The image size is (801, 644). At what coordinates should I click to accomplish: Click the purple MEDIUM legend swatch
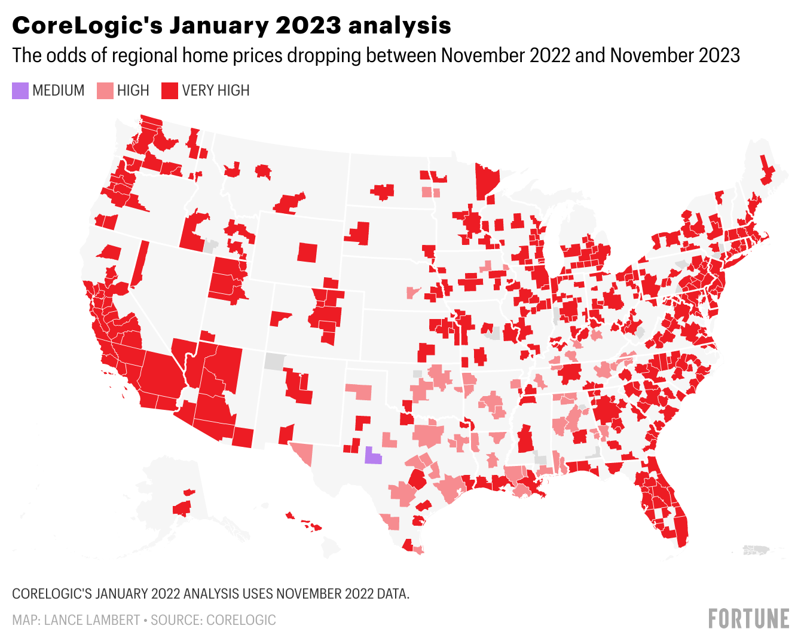point(20,91)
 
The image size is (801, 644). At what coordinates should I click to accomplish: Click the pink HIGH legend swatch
point(105,91)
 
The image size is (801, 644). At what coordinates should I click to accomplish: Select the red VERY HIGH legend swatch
point(170,91)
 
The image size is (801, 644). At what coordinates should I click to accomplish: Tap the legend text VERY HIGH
point(216,91)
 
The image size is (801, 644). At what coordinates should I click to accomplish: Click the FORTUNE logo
point(748,619)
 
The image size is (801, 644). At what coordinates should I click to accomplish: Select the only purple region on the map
point(373,456)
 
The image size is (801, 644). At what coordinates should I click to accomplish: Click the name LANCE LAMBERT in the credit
point(92,620)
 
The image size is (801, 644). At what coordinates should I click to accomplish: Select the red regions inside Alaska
point(182,507)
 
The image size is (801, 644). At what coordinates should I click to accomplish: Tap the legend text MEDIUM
point(59,91)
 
